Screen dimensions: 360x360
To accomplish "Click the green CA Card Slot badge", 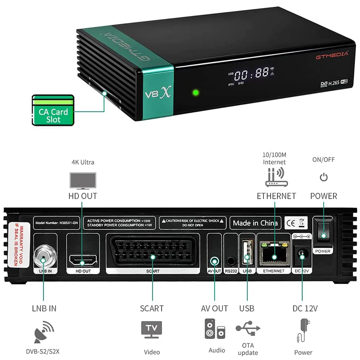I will tap(53, 110).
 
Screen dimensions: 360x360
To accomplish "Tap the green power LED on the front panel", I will tap(196, 93).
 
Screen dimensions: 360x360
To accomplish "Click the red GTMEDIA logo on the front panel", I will tap(332, 54).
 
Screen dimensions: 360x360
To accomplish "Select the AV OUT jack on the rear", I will tap(215, 260).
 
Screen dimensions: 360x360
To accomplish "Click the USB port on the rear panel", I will tap(247, 254).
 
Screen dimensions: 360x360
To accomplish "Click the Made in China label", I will tap(255, 223).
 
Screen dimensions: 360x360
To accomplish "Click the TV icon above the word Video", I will tap(152, 329).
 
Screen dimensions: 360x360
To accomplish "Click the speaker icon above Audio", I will tap(215, 329).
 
